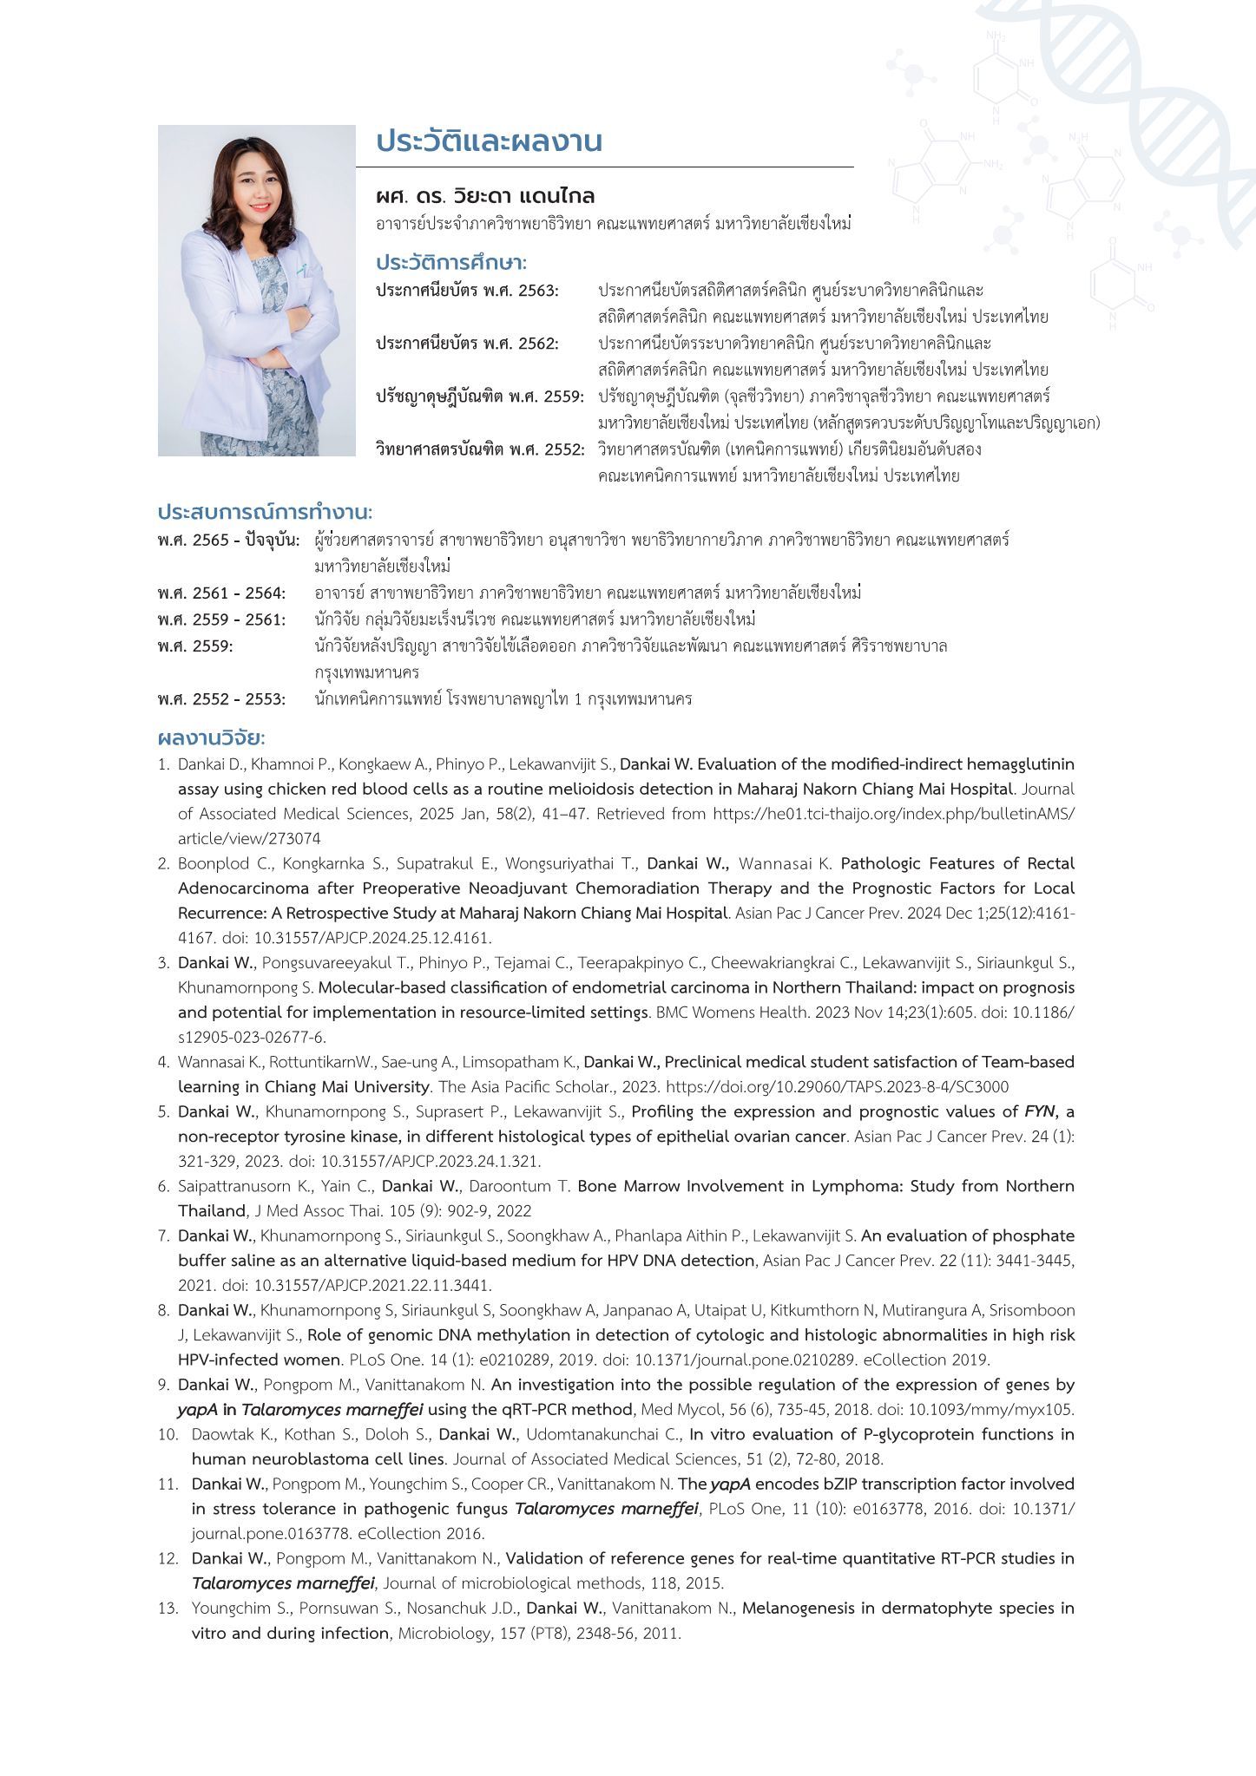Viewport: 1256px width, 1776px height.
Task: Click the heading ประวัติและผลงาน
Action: [489, 141]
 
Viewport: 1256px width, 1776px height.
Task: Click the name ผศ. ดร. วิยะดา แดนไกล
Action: [485, 196]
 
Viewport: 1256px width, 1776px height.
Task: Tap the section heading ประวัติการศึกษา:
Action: [451, 262]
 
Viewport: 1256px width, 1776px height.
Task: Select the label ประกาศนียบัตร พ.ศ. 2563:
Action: [467, 290]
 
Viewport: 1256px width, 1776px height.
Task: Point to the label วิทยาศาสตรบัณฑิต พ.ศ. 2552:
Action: [480, 449]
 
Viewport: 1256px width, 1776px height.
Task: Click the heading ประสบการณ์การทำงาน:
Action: [265, 512]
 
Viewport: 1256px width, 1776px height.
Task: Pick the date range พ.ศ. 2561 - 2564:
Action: [221, 593]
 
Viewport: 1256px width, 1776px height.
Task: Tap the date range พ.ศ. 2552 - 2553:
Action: [221, 699]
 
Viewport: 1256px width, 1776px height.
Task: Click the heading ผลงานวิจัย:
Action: [211, 738]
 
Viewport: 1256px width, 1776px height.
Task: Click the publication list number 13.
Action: [168, 1609]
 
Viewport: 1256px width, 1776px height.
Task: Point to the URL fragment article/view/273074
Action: [249, 838]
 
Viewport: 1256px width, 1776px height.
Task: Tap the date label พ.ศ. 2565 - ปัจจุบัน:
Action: [228, 541]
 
